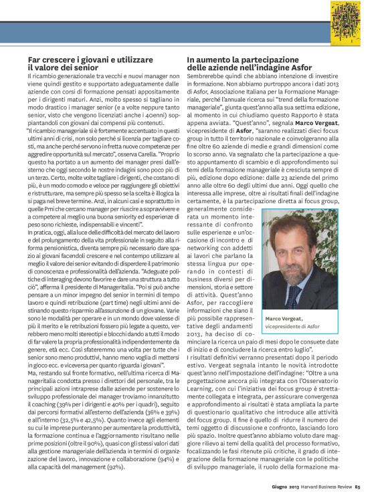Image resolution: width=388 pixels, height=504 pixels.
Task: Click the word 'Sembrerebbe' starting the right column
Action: [207, 78]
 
